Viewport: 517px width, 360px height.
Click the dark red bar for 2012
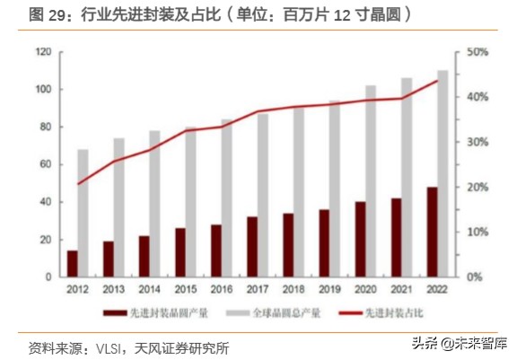[73, 264]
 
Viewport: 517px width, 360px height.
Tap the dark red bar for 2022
[432, 233]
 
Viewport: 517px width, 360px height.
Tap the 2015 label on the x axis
[186, 291]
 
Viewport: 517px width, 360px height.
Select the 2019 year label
[329, 291]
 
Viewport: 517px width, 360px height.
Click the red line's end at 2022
[437, 81]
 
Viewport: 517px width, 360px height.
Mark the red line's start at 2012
[78, 184]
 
